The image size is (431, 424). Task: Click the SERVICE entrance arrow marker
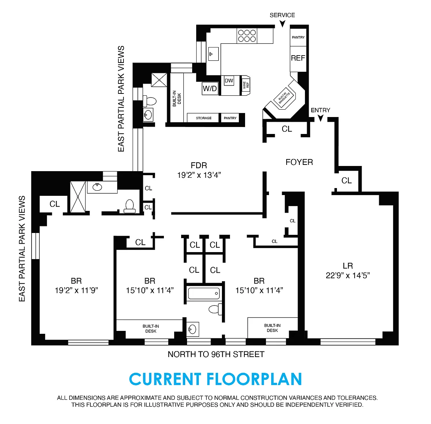(x=282, y=24)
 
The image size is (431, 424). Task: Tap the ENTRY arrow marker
(x=320, y=118)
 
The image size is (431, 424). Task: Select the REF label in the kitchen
(x=298, y=58)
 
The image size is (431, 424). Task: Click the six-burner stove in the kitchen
(x=247, y=36)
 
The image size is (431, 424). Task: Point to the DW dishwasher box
(x=229, y=81)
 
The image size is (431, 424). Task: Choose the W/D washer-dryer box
(x=210, y=88)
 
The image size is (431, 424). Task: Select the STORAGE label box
(x=204, y=118)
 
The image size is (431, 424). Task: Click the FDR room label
(x=199, y=166)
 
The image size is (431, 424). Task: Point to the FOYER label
(x=299, y=162)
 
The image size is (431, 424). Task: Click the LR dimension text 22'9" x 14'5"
(x=348, y=275)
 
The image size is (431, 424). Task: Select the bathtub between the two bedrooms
(x=204, y=293)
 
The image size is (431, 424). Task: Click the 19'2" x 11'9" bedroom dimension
(x=76, y=290)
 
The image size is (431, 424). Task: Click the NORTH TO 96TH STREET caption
(x=216, y=354)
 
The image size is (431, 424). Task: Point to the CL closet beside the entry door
(x=287, y=129)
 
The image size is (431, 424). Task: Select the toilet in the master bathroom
(x=129, y=206)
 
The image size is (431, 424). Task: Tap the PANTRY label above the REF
(x=298, y=37)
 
